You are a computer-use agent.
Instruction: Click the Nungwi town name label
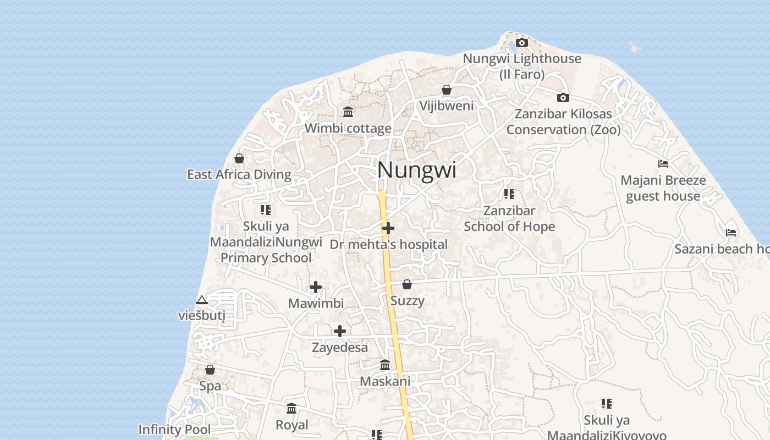[x=416, y=170]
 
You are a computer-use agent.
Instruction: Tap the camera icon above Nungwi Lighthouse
[x=522, y=42]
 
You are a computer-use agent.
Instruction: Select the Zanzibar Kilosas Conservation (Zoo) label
[x=563, y=122]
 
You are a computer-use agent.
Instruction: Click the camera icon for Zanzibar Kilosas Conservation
[x=563, y=97]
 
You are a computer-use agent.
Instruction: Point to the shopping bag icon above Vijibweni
[x=447, y=90]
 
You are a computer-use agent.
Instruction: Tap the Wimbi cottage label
[x=348, y=129]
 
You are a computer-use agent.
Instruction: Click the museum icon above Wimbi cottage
[x=348, y=112]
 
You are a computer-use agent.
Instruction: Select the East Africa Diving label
[x=239, y=175]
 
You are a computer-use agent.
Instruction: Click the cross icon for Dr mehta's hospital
[x=388, y=228]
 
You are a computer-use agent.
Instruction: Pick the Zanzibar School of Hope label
[x=509, y=218]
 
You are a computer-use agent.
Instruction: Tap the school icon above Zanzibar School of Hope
[x=509, y=194]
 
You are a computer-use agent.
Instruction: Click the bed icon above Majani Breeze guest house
[x=663, y=164]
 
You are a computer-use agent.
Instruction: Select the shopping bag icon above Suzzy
[x=407, y=284]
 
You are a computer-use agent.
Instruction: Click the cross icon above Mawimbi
[x=316, y=287]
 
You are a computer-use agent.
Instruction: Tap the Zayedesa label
[x=339, y=348]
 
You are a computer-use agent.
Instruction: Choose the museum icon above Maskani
[x=385, y=365]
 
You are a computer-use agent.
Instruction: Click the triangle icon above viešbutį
[x=202, y=300]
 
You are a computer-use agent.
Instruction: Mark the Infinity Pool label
[x=174, y=430]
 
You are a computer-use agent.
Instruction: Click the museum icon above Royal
[x=291, y=409]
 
